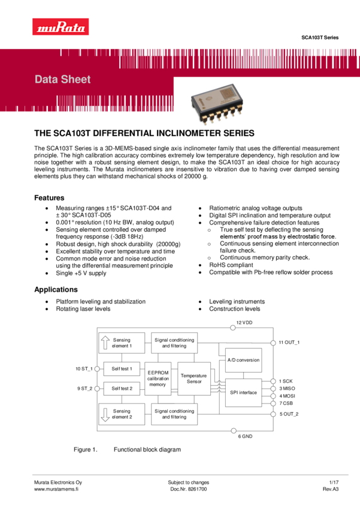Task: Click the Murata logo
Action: tap(60, 27)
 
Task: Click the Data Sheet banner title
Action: tap(63, 80)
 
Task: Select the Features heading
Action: tap(49, 198)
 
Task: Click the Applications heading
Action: tap(56, 290)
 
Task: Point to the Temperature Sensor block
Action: tap(193, 378)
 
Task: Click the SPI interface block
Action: tap(243, 392)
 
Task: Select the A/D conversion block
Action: tap(243, 360)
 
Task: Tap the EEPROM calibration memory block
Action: tap(158, 378)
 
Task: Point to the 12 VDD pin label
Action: tap(244, 323)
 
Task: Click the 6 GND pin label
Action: tap(245, 437)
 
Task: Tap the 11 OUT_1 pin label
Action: tap(289, 343)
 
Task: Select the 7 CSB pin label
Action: tap(286, 404)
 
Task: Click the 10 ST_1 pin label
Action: tap(84, 368)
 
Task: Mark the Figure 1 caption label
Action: tap(85, 450)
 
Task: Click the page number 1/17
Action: tap(334, 482)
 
